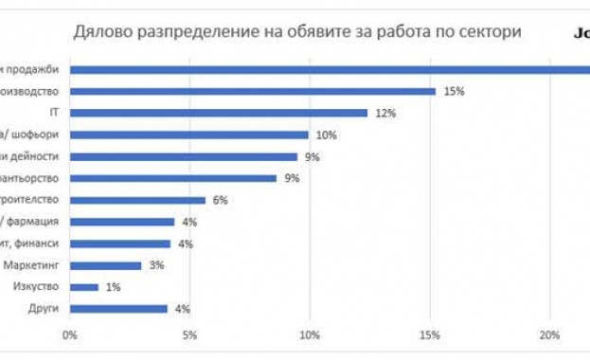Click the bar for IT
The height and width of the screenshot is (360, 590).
point(219,113)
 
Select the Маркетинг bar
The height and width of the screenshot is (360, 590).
point(105,265)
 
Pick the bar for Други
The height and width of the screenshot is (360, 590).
point(118,309)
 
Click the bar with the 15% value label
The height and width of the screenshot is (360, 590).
point(252,91)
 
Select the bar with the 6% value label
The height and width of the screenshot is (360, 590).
point(137,200)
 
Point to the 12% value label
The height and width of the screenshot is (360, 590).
point(384,114)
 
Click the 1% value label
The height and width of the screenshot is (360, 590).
point(113,287)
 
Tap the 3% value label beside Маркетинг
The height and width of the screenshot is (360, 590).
point(156,265)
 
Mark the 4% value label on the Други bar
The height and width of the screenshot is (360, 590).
point(184,309)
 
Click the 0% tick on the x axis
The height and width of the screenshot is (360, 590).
point(69,335)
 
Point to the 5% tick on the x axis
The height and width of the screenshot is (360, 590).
point(189,335)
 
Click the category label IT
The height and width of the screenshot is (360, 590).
point(55,113)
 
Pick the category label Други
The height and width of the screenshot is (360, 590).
point(45,309)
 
